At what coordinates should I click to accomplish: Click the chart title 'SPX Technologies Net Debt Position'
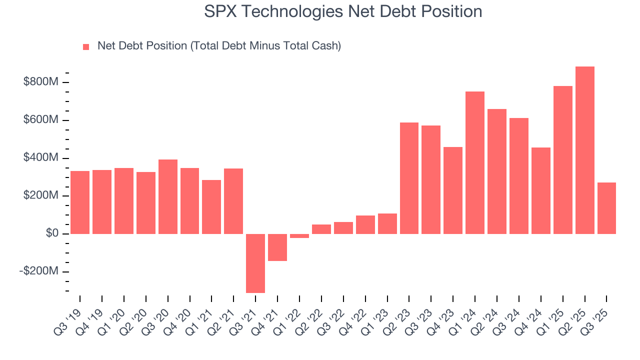pyautogui.click(x=343, y=11)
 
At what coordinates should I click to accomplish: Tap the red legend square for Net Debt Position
pyautogui.click(x=86, y=46)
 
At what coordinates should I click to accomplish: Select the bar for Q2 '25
pyautogui.click(x=584, y=150)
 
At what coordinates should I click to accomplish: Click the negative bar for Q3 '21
pyautogui.click(x=255, y=263)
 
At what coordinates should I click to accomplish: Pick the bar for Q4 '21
pyautogui.click(x=277, y=247)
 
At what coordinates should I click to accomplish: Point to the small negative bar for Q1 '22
pyautogui.click(x=299, y=236)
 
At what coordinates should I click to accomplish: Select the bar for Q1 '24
pyautogui.click(x=474, y=162)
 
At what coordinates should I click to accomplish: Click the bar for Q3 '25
pyautogui.click(x=606, y=208)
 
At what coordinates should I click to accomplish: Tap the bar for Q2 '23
pyautogui.click(x=409, y=178)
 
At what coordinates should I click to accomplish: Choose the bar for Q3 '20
pyautogui.click(x=168, y=196)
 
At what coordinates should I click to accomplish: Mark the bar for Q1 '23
pyautogui.click(x=387, y=223)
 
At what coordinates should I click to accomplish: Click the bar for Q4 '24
pyautogui.click(x=540, y=190)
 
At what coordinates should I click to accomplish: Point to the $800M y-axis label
pyautogui.click(x=41, y=82)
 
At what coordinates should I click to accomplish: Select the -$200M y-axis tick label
pyautogui.click(x=39, y=271)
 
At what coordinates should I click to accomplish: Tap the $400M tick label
pyautogui.click(x=41, y=158)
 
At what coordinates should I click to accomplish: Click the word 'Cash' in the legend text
pyautogui.click(x=325, y=46)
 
